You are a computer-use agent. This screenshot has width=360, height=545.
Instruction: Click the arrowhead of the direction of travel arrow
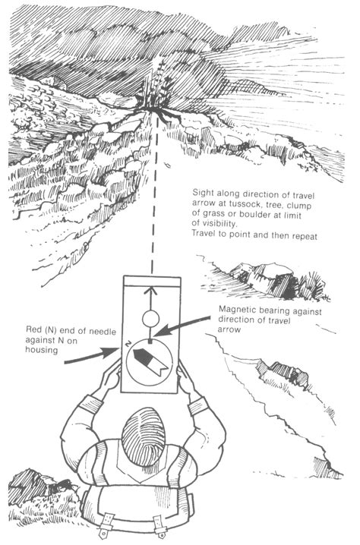(x=150, y=289)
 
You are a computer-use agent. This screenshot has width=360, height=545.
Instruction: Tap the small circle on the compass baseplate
(x=150, y=317)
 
